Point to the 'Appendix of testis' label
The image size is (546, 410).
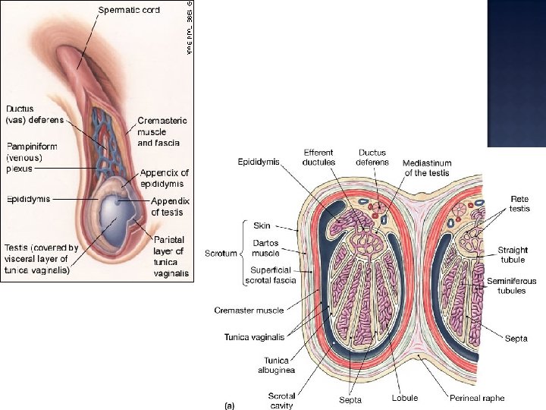click(x=171, y=206)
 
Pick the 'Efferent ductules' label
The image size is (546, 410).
click(x=318, y=157)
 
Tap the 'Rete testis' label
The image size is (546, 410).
click(x=519, y=204)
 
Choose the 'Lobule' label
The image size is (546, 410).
click(x=405, y=398)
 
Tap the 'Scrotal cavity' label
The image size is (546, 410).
click(x=281, y=400)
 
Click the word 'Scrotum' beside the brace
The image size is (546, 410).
click(x=221, y=253)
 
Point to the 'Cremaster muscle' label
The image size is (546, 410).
click(x=248, y=310)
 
